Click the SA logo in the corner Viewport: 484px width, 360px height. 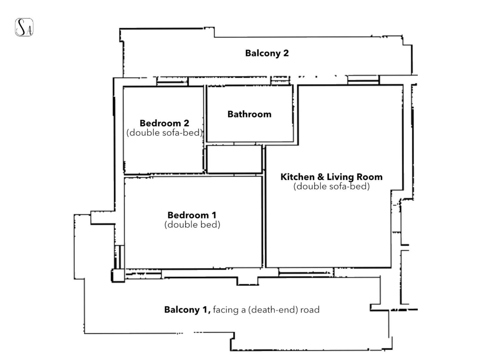point(24,27)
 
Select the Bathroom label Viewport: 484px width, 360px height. point(249,114)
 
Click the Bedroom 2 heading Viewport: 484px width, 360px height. point(164,123)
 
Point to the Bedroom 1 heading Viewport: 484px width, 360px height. point(192,215)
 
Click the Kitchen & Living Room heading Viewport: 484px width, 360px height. point(331,177)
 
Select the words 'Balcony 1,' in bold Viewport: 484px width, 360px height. point(187,310)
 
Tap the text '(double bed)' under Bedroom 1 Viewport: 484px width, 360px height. point(192,225)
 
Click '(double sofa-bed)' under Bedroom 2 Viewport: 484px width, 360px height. point(165,133)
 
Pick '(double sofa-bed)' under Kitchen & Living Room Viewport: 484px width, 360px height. point(331,186)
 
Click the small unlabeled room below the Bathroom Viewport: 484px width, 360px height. point(234,160)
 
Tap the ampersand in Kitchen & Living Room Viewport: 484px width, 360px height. point(321,177)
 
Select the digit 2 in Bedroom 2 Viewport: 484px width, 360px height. point(186,123)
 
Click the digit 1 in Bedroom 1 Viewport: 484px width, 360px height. point(214,215)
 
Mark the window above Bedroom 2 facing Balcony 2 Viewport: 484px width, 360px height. point(172,81)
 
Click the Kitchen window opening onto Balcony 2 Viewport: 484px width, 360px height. point(363,80)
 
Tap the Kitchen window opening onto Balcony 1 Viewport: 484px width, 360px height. point(306,272)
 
